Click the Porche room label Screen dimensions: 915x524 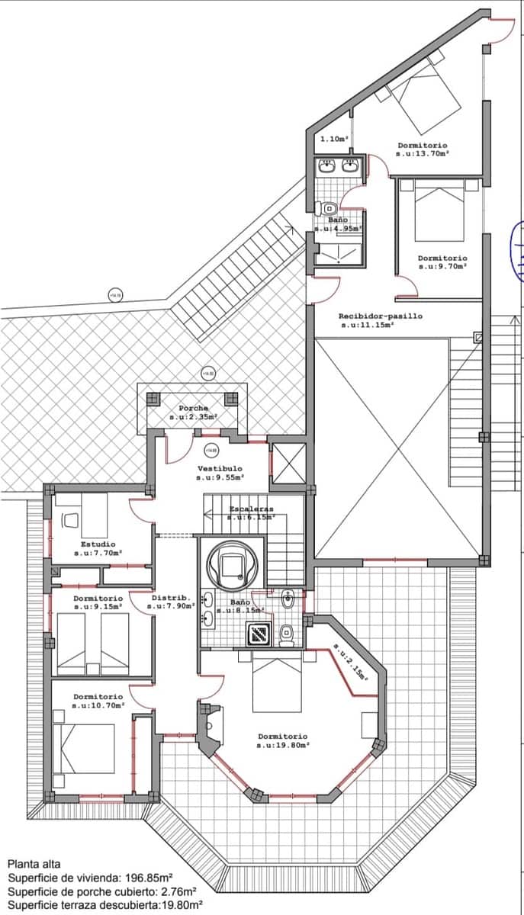coord(193,409)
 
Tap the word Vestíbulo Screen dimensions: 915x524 coord(220,468)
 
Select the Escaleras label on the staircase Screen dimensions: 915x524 coord(251,509)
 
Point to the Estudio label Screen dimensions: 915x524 coord(98,544)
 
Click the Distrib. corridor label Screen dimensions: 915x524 coord(166,598)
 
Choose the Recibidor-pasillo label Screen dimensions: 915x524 coord(380,316)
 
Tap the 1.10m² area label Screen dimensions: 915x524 coord(334,140)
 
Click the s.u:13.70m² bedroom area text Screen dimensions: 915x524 coord(422,153)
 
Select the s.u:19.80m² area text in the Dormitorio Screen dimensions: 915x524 coord(282,745)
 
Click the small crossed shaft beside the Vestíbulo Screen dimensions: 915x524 coord(288,464)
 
